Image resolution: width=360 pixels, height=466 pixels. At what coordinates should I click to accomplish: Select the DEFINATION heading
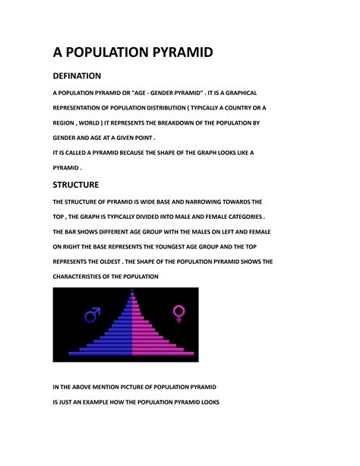(x=77, y=76)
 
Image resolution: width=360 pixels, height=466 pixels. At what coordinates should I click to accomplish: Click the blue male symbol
(x=92, y=313)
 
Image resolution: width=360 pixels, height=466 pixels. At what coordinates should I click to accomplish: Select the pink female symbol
(x=180, y=312)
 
